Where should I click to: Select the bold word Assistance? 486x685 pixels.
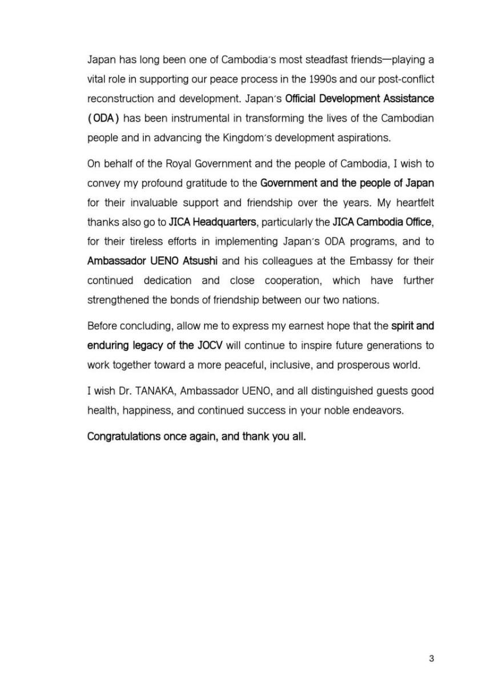(405, 98)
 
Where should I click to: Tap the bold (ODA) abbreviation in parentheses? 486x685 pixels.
(103, 118)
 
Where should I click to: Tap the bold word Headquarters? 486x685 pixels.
(224, 222)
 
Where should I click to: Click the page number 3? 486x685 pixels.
(431, 658)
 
